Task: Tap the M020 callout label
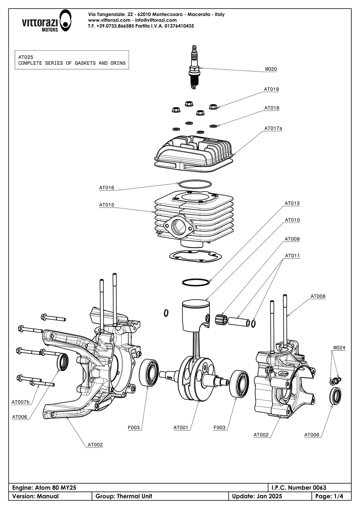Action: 271,69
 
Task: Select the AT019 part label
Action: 271,89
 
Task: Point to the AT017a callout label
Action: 273,128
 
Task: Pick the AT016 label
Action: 107,188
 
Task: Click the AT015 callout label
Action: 107,205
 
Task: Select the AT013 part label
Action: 292,203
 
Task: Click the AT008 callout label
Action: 318,296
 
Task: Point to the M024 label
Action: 339,348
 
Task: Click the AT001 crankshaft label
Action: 181,428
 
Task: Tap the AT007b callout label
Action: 21,402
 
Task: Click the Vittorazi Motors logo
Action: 46,21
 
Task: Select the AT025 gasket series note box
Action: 72,60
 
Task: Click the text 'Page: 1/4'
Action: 329,496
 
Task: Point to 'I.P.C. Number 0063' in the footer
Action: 298,487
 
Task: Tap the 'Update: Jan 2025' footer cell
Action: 257,496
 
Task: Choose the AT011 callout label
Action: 292,256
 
